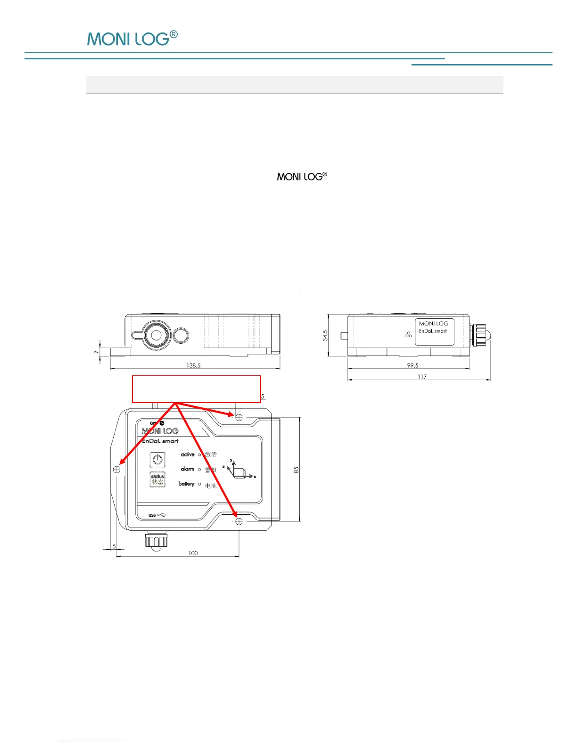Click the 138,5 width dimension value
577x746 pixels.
(193, 365)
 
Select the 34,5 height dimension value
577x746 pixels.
(325, 335)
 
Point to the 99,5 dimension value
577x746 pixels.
(412, 365)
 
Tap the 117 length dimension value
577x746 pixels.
(422, 376)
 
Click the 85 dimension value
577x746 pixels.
(297, 470)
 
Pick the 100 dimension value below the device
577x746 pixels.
(193, 553)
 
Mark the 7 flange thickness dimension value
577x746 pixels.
(96, 352)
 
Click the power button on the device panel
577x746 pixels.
(157, 459)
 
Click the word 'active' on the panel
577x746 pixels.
(188, 454)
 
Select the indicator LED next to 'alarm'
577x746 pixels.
(199, 469)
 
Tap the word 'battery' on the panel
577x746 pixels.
(186, 484)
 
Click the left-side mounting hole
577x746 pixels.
(117, 469)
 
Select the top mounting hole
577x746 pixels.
(239, 417)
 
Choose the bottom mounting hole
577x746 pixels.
(239, 521)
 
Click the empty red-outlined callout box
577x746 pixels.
(196, 389)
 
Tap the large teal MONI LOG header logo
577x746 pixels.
(132, 39)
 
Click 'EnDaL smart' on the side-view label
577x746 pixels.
(433, 331)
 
